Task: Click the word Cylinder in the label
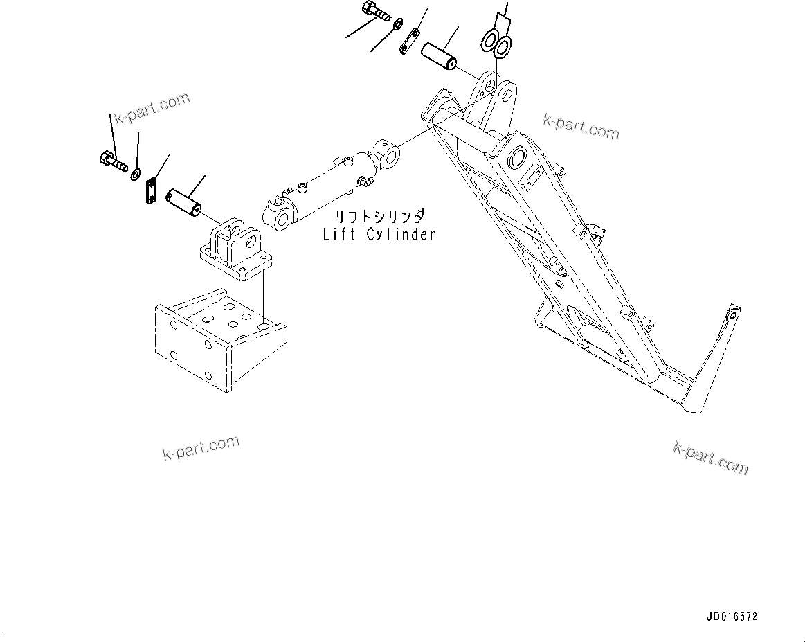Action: (401, 234)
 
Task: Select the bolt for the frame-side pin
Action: (377, 12)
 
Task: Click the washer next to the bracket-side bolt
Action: (136, 173)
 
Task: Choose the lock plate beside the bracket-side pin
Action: (151, 191)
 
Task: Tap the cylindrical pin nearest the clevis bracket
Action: (183, 202)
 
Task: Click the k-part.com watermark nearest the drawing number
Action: (710, 458)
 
